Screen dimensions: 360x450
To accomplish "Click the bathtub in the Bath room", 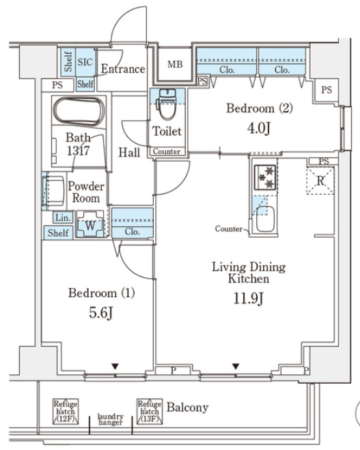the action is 79,111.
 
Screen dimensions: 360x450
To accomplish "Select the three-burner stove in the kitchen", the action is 265,178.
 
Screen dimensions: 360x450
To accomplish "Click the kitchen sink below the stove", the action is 265,219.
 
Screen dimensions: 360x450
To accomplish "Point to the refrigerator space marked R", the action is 320,181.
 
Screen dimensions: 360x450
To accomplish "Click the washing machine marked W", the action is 90,224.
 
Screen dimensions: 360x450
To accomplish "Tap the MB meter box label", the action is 175,64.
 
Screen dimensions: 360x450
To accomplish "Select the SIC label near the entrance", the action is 85,62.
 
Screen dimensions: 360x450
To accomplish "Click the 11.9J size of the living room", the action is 248,298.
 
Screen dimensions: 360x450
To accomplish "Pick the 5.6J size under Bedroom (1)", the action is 101,313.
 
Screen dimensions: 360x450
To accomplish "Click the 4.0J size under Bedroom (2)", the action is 259,128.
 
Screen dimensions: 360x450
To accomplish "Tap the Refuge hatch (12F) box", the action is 66,412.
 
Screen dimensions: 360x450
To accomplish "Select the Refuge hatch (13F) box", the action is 150,411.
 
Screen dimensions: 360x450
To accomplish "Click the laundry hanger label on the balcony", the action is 111,419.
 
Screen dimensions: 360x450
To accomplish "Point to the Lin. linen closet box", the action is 63,217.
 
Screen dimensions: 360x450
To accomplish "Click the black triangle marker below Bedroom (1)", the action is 115,367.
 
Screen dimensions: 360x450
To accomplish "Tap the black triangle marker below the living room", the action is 236,367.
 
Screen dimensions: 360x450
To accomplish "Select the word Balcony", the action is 188,408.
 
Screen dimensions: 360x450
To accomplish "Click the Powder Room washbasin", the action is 55,191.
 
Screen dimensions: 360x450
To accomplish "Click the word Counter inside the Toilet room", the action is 167,151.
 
